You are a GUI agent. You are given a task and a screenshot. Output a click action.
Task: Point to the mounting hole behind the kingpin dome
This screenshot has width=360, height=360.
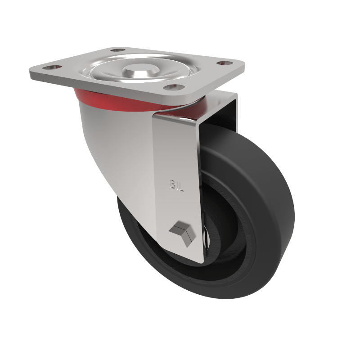pos(117,51)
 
